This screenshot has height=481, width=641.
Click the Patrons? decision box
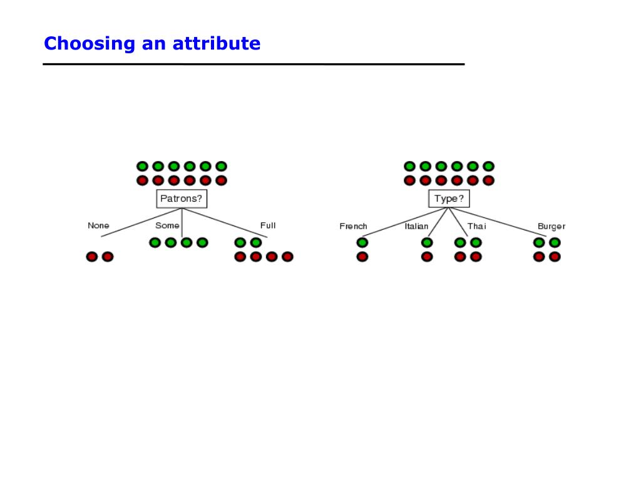(x=182, y=199)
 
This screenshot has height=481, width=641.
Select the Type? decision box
(x=449, y=199)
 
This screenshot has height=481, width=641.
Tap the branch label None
(x=98, y=225)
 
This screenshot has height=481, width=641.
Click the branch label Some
(x=167, y=225)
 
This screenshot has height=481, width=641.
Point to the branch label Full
(x=268, y=225)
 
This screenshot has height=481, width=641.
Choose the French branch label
(x=353, y=226)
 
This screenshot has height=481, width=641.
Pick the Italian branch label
(x=416, y=226)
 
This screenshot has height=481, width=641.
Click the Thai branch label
(x=476, y=226)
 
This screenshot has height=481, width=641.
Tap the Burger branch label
(x=551, y=226)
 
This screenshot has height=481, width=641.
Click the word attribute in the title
(x=217, y=44)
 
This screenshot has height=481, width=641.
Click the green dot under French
(x=362, y=242)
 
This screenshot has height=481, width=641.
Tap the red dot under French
(x=362, y=256)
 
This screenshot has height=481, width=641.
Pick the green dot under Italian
(x=427, y=242)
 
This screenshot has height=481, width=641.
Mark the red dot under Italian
(x=427, y=256)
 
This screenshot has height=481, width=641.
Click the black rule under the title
(x=254, y=64)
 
